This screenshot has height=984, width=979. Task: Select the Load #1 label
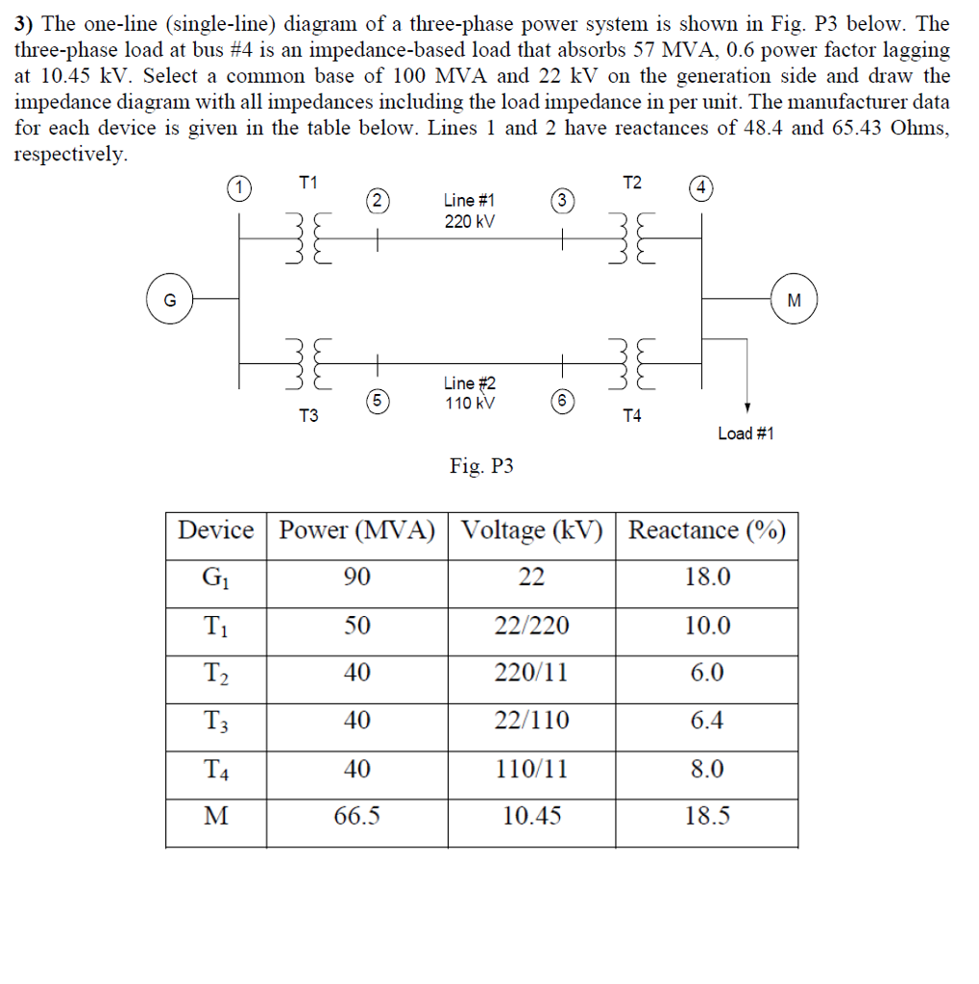pyautogui.click(x=746, y=433)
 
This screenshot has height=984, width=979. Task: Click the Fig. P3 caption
pyautogui.click(x=481, y=466)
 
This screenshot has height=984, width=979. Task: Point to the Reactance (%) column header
pyautogui.click(x=706, y=529)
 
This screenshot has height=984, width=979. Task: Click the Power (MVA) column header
pyautogui.click(x=356, y=529)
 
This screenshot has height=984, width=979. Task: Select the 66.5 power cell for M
pyautogui.click(x=356, y=816)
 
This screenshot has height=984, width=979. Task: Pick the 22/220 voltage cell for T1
pyautogui.click(x=531, y=626)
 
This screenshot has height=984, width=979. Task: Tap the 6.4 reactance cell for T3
pyautogui.click(x=706, y=720)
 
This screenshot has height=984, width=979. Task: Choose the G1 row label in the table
pyautogui.click(x=216, y=578)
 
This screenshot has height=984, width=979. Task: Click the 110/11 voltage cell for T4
pyautogui.click(x=531, y=769)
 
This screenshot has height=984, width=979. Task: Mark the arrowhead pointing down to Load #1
pyautogui.click(x=747, y=407)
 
